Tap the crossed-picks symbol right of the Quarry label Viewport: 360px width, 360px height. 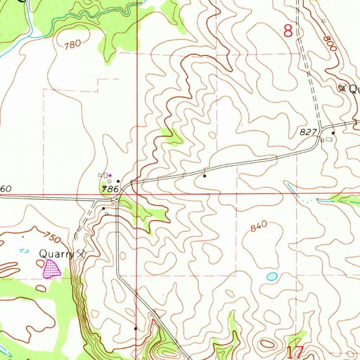[x=81, y=253]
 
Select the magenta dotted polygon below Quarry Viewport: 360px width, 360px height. [x=51, y=269]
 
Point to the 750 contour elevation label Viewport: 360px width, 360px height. [x=53, y=238]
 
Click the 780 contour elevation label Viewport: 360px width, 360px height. [x=72, y=44]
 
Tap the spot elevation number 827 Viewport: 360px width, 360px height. [x=308, y=132]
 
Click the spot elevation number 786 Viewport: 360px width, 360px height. [x=110, y=189]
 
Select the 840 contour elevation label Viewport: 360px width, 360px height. [x=259, y=227]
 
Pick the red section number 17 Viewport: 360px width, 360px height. [x=295, y=352]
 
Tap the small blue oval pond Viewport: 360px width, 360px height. [x=272, y=277]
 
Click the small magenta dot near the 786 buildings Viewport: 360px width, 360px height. [x=110, y=175]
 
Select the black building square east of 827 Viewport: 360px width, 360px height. [x=333, y=133]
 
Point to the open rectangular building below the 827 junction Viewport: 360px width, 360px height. [x=329, y=140]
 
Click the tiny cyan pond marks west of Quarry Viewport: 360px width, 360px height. [x=24, y=251]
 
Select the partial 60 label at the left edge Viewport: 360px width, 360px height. [x=6, y=189]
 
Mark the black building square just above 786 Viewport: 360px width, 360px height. [x=118, y=181]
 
